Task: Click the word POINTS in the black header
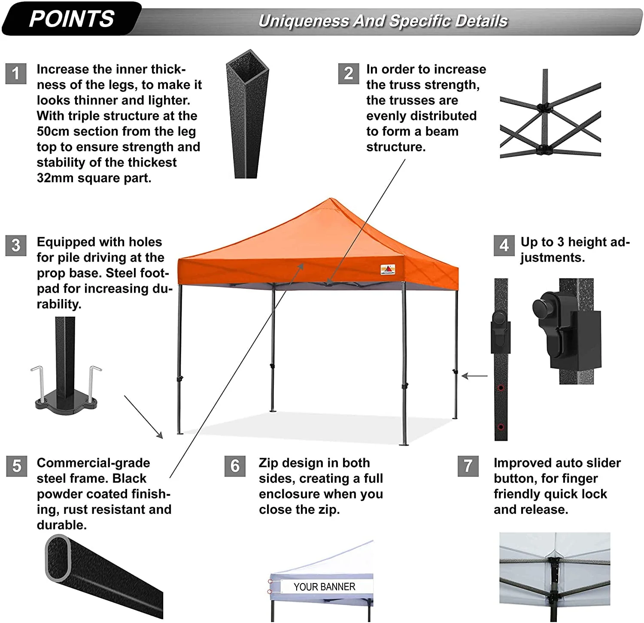tap(72, 19)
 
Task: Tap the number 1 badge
tap(16, 73)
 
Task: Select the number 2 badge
tap(349, 73)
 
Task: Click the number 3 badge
tap(16, 245)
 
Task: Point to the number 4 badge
tap(504, 245)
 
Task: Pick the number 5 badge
tap(17, 466)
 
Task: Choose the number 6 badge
tap(235, 466)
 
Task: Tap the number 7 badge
tap(468, 466)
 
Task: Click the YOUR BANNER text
tap(324, 587)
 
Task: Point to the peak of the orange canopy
tap(330, 199)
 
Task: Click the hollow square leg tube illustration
tap(247, 114)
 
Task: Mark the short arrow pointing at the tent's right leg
tap(475, 376)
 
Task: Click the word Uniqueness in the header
tap(304, 21)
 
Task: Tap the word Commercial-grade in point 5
tap(93, 463)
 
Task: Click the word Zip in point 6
tap(267, 463)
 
